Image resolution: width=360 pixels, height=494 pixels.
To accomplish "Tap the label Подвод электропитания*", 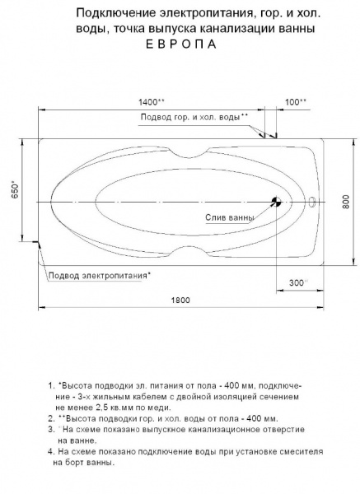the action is point(100,274).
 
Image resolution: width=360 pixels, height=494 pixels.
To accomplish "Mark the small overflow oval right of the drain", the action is point(311,200).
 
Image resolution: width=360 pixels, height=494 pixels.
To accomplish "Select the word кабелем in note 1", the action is point(137,396).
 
